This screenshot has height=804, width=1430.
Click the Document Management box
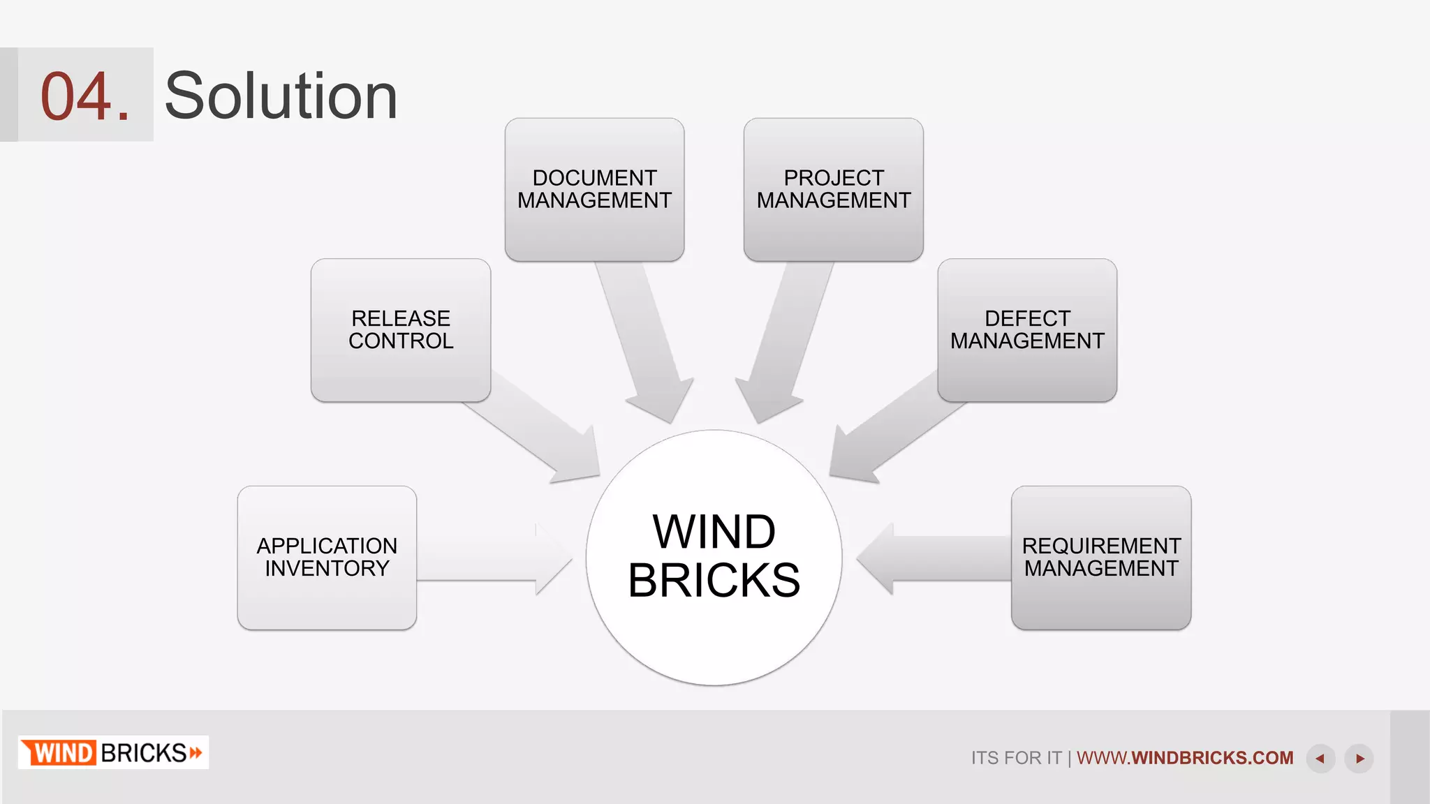594,189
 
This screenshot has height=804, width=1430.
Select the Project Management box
833,189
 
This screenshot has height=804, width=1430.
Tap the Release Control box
401,330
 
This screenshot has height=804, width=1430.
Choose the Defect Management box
1027,330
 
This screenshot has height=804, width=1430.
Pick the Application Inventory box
327,558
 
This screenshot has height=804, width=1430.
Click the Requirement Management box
1101,558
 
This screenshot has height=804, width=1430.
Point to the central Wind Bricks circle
714,557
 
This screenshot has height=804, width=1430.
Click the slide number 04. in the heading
84,96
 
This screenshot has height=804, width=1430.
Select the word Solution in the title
281,96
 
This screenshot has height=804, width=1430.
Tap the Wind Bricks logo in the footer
113,752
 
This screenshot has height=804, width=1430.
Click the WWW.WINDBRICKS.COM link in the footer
1185,757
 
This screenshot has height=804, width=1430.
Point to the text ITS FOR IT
1016,758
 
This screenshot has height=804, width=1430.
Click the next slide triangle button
1359,759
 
